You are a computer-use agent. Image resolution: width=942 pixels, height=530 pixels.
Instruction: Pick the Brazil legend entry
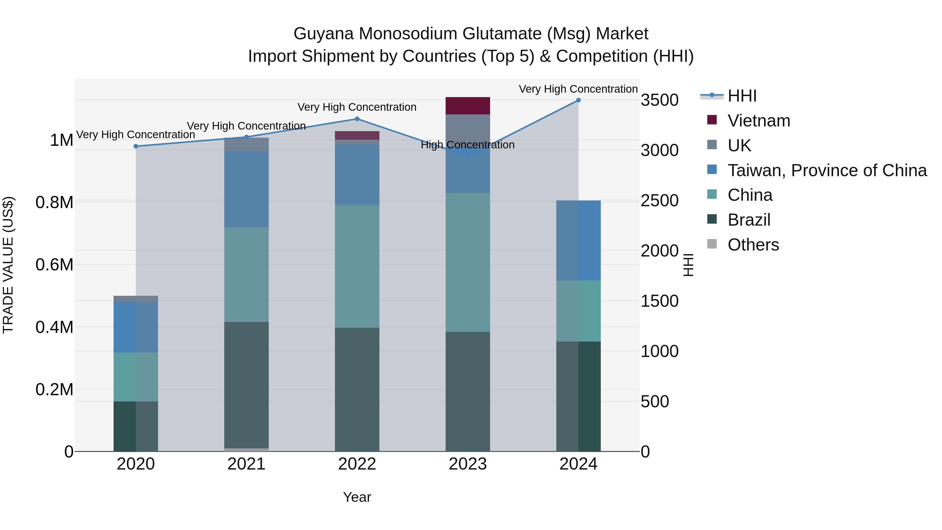tap(749, 220)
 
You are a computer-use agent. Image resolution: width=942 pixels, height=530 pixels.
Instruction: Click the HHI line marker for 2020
tap(136, 146)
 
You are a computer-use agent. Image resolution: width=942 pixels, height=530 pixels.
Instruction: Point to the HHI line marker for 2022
tap(357, 119)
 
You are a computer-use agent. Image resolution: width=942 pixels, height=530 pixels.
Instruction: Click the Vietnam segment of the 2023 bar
tap(468, 106)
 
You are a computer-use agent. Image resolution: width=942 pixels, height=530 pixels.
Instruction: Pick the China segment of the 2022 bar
tap(357, 266)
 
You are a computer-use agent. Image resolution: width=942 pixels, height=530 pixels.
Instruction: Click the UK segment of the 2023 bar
tap(468, 130)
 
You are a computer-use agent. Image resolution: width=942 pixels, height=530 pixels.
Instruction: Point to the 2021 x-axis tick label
tap(246, 464)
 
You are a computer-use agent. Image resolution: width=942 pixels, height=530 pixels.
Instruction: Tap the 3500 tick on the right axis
tap(660, 100)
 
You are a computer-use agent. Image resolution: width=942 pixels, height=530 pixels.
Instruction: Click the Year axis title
tap(357, 497)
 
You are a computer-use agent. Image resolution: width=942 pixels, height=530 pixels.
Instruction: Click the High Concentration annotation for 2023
tap(468, 145)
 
